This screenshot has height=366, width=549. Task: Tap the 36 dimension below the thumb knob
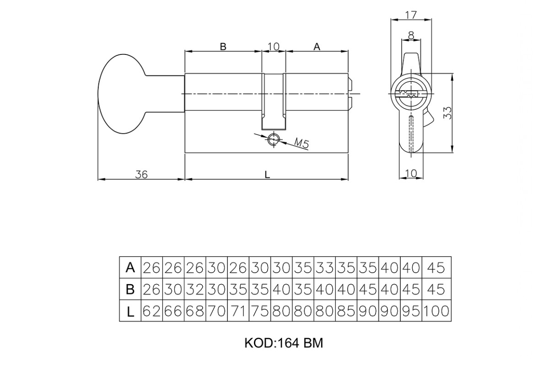[141, 175]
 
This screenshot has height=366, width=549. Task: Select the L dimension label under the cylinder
[267, 175]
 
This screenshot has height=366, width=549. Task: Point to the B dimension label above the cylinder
[223, 46]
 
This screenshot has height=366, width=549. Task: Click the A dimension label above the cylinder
[317, 46]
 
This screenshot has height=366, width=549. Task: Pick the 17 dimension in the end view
[411, 16]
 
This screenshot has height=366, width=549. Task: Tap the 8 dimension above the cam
[411, 36]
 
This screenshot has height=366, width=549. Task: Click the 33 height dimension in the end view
[447, 113]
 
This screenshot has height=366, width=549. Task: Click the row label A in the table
[130, 267]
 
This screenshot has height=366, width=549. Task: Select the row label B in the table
[130, 289]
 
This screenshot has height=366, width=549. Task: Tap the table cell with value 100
[436, 311]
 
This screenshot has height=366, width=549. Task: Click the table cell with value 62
[152, 311]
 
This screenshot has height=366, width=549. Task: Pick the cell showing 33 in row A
[325, 268]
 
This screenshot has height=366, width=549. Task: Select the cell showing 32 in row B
[195, 289]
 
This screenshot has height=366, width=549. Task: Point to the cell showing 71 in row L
[238, 311]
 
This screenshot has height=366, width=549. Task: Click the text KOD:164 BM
[284, 343]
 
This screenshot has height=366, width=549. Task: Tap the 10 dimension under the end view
[411, 173]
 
